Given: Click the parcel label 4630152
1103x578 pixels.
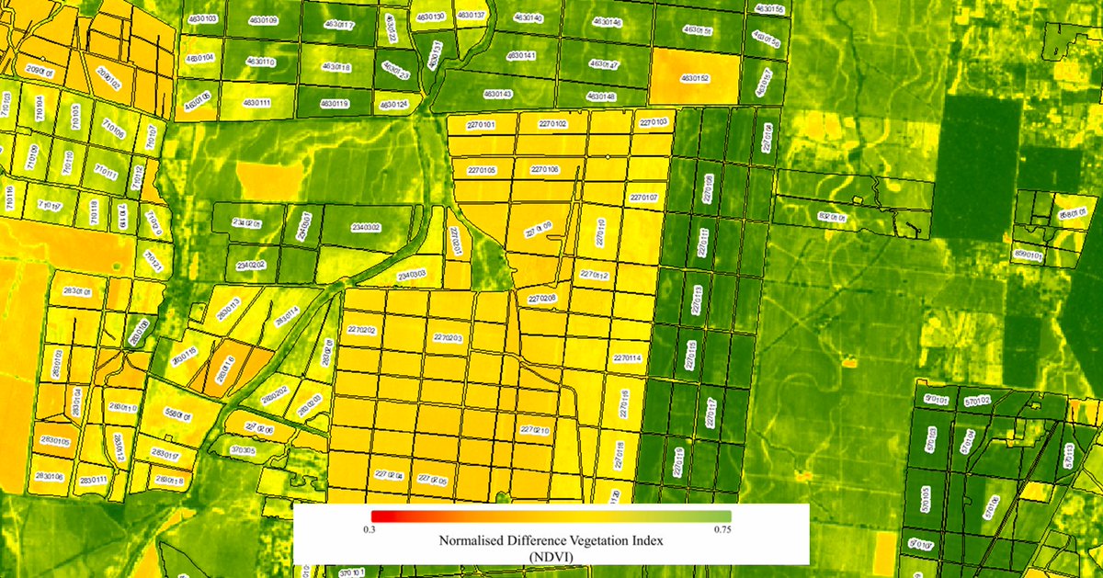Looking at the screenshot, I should coord(693,79).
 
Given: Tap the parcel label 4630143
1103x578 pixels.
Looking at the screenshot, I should coord(497,94).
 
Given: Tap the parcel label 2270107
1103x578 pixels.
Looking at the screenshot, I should coord(643,198).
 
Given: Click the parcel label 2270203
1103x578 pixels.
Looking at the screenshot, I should coord(447,338).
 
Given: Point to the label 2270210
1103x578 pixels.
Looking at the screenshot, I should coord(535,430).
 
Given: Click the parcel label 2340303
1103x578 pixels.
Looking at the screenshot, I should coord(411,274).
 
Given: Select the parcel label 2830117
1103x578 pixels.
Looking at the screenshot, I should coord(165,454).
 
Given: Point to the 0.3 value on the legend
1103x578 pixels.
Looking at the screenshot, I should coord(370,530).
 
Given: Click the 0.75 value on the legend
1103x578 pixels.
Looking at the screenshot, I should coord(722,530).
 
